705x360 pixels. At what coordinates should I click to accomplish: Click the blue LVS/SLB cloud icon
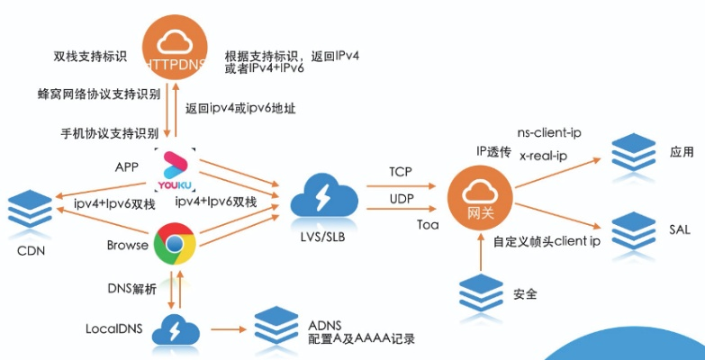pyautogui.click(x=321, y=201)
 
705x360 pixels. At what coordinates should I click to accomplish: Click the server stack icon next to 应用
pyautogui.click(x=633, y=152)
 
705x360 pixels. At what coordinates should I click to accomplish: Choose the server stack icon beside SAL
pyautogui.click(x=633, y=229)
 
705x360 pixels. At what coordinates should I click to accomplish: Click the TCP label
pyautogui.click(x=401, y=171)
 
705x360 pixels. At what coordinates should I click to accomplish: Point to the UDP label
pyautogui.click(x=402, y=198)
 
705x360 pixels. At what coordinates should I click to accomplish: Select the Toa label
pyautogui.click(x=402, y=225)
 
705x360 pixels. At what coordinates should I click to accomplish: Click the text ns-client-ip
pyautogui.click(x=549, y=133)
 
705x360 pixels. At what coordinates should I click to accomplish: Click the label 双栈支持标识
pyautogui.click(x=89, y=57)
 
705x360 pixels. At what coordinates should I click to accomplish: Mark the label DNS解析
pyautogui.click(x=131, y=287)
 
